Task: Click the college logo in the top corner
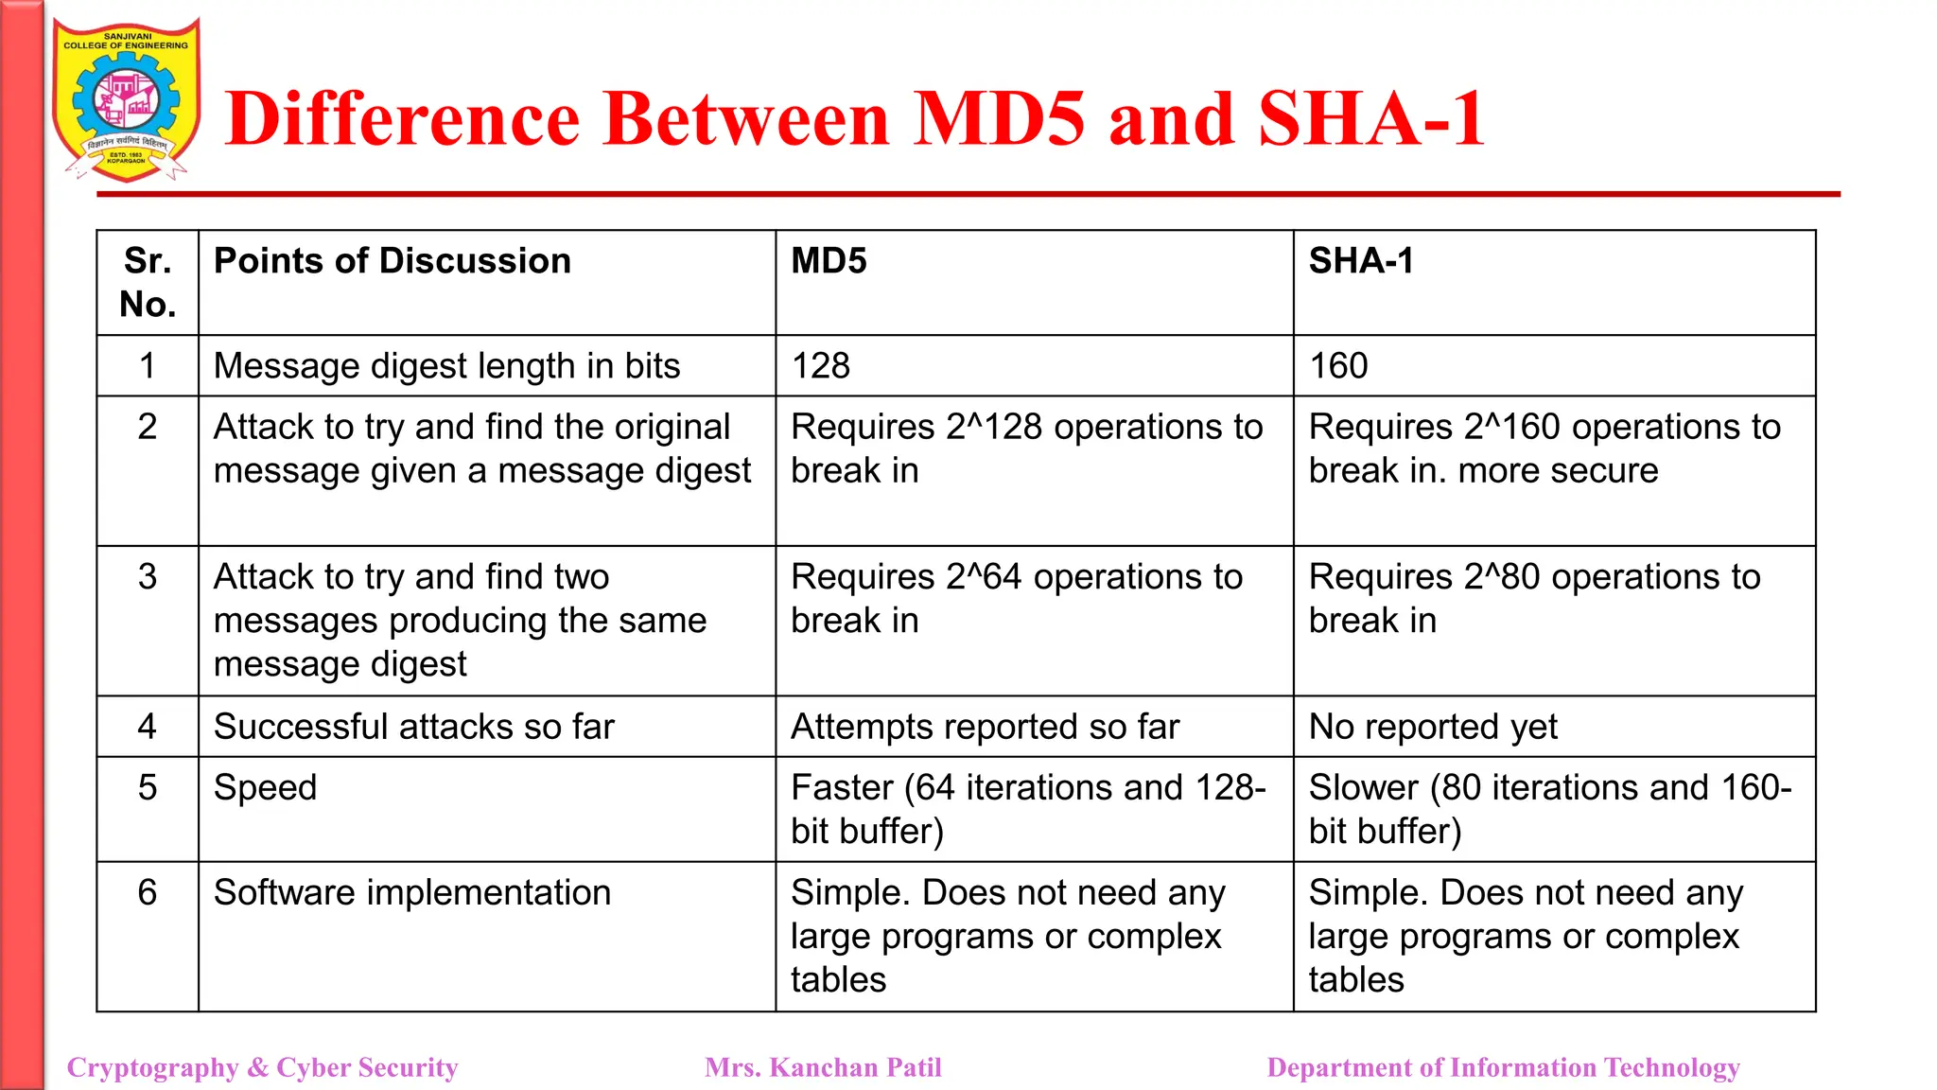(126, 99)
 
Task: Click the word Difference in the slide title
(403, 119)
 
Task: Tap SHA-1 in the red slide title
(1370, 119)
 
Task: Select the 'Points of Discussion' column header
(393, 261)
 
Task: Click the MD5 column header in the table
(829, 261)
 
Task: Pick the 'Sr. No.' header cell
(148, 282)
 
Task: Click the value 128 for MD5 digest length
(821, 366)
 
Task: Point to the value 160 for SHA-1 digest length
(1338, 366)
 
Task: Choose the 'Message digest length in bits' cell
(446, 366)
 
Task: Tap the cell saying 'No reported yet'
(1433, 727)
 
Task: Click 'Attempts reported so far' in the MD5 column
(985, 727)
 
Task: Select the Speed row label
(265, 787)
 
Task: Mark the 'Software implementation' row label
(412, 892)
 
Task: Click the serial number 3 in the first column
(148, 576)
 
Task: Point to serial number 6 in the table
(148, 892)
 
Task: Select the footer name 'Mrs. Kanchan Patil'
(823, 1067)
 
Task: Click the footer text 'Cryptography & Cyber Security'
(263, 1067)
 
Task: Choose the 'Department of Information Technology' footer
(1503, 1067)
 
